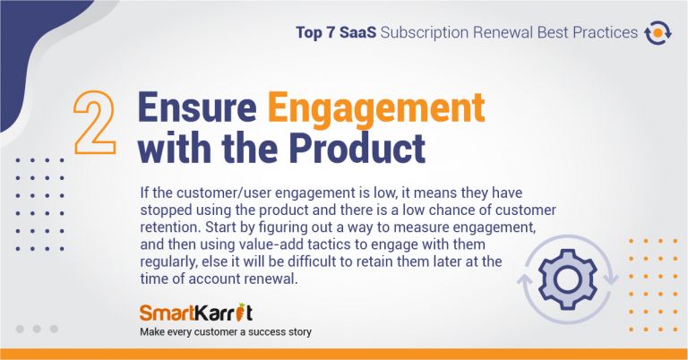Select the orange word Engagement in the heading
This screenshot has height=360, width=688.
tap(376, 108)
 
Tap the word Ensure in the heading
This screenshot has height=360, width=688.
tap(197, 107)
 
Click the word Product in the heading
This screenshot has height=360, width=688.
tap(357, 147)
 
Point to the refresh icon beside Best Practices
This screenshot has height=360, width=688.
tap(658, 33)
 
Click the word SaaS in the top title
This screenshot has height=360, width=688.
tap(357, 32)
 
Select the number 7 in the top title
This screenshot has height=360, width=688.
tap(330, 33)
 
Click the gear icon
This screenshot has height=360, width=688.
tap(568, 279)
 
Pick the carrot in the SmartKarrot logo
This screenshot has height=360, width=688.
tap(239, 312)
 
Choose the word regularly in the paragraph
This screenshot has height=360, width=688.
tap(169, 261)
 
